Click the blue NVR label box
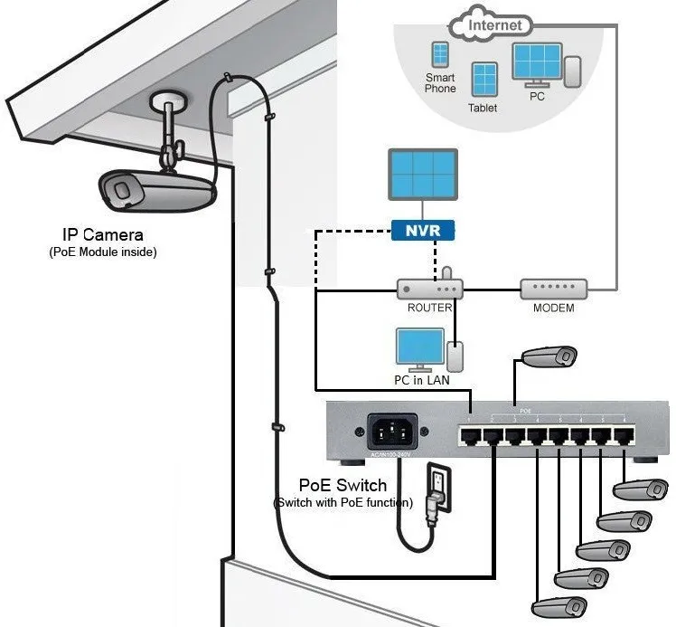tap(423, 231)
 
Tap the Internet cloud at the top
tap(493, 24)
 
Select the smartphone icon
tap(440, 56)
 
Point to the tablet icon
tap(484, 81)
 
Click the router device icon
tap(430, 290)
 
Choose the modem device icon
tap(553, 290)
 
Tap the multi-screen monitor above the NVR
tap(422, 176)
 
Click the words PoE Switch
tap(343, 486)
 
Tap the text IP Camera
tap(102, 235)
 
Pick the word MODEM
tap(553, 309)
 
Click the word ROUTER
tap(429, 309)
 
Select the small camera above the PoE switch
tap(551, 356)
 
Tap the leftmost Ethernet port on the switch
tap(470, 436)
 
